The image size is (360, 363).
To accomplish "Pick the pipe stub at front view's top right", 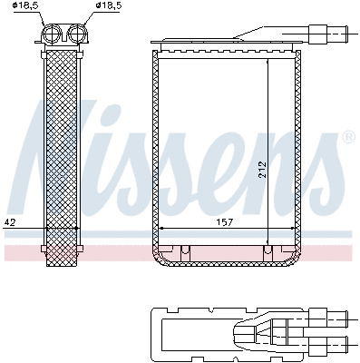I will [330, 35].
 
